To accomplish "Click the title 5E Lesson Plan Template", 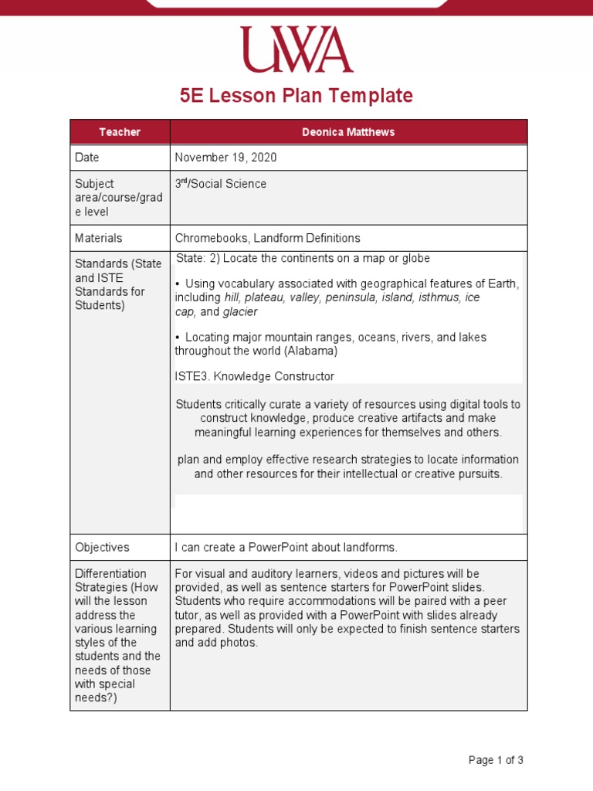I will point(296,96).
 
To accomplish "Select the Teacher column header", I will point(120,132).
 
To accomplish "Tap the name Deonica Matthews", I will point(348,132).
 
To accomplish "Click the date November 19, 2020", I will point(225,158).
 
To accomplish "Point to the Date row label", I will point(87,158).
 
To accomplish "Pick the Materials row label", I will point(98,238).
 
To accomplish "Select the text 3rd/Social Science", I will point(221,184).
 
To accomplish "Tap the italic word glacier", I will point(240,312).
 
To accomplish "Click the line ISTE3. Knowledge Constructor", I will point(254,376).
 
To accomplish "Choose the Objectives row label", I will point(102,547).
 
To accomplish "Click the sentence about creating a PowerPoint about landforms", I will point(286,547).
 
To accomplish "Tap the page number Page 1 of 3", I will point(496,760).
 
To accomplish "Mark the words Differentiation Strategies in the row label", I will point(110,580).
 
